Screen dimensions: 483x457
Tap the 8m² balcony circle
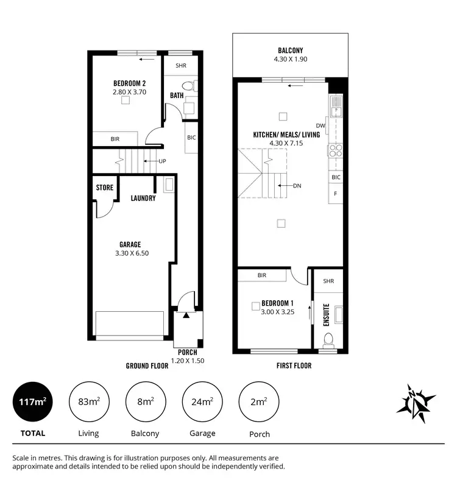(x=145, y=401)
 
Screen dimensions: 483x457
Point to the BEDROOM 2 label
(x=129, y=83)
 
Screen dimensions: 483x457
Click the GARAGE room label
(x=130, y=244)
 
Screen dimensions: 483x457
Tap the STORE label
(x=104, y=188)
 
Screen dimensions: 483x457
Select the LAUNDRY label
(x=143, y=198)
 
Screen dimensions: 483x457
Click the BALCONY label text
(x=290, y=51)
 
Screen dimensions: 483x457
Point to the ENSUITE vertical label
(x=327, y=315)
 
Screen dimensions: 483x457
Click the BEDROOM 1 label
(x=278, y=303)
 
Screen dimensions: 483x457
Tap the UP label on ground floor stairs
(x=162, y=161)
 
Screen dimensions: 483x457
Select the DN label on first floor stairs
(x=297, y=186)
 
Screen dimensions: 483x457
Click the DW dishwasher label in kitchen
(x=321, y=126)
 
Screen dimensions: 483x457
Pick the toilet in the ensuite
(x=328, y=339)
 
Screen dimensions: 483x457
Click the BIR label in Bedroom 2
(x=115, y=139)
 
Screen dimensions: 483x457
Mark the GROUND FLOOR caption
(x=147, y=366)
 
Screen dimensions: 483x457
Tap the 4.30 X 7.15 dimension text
(x=286, y=143)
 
